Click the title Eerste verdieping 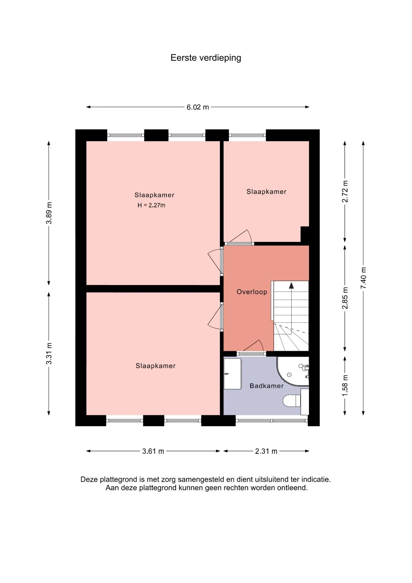tap(206, 58)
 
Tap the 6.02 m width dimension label tap(198, 107)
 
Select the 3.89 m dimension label tap(49, 213)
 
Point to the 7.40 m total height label tap(363, 278)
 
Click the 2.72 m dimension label tap(345, 191)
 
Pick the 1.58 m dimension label tap(345, 385)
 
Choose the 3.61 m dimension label tap(153, 451)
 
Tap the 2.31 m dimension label tap(266, 451)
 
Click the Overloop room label tap(252, 292)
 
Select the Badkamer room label tap(267, 386)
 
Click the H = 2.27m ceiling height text tap(151, 205)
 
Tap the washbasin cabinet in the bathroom tap(232, 373)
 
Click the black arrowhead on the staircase tap(291, 285)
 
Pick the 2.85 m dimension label tap(345, 298)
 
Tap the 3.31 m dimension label tap(49, 353)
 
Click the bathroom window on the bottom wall tap(272, 421)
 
